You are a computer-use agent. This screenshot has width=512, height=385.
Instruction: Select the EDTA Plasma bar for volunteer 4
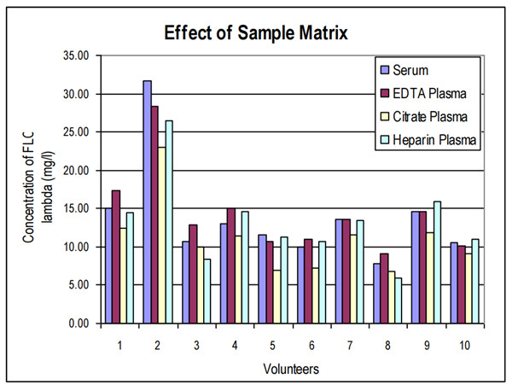[x=231, y=265]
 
